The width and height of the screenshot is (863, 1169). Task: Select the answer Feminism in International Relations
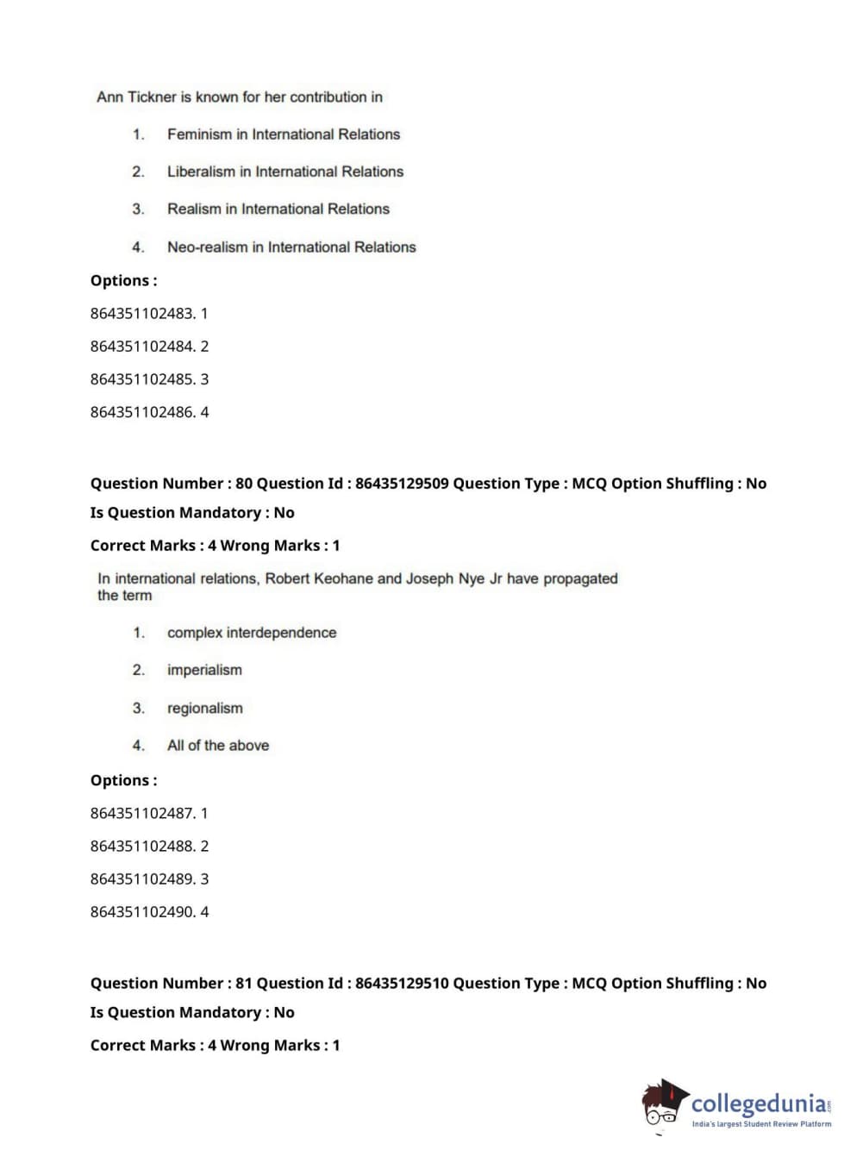[x=283, y=134]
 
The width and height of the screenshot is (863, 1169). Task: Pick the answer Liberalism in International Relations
[x=285, y=172]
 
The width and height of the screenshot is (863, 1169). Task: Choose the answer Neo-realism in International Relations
[x=291, y=247]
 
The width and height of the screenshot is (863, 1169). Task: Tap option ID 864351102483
[x=142, y=314]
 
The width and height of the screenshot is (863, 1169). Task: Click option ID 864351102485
[x=142, y=379]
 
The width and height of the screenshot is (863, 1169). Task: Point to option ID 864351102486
[x=142, y=412]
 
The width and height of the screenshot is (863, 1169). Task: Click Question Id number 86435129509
[x=402, y=484]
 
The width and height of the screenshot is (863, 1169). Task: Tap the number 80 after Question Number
[x=244, y=484]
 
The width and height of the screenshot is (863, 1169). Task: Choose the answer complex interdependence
[x=251, y=633]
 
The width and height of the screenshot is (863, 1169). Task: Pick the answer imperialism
[x=204, y=670]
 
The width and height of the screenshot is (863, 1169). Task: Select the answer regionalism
[x=204, y=709]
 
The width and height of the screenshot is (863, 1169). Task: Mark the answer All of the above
[x=217, y=746]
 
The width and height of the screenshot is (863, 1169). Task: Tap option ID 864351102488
[x=142, y=847]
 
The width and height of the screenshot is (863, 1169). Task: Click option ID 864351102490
[x=142, y=912]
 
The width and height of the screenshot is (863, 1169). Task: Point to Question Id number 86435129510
[x=402, y=984]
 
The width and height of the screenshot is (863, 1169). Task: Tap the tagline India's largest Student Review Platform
[x=761, y=1124]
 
